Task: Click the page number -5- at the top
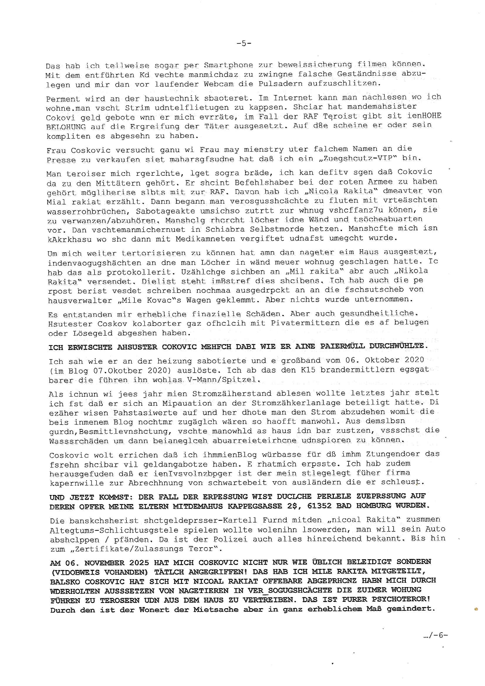point(244,44)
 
